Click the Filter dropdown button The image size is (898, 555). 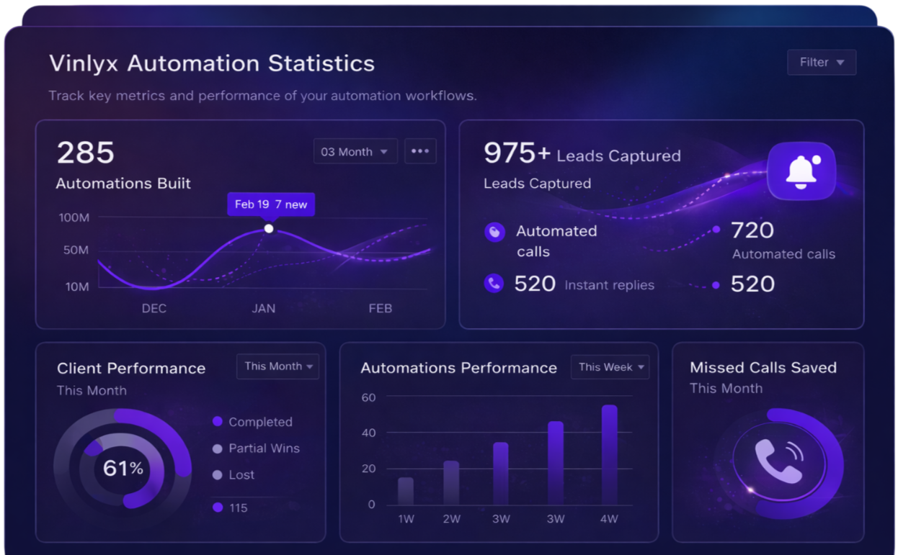(822, 63)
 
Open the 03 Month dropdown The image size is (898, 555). (355, 152)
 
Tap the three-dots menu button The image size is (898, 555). (420, 152)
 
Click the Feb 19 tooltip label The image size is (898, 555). (271, 204)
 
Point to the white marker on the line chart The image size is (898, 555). (269, 228)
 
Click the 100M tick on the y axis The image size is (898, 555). (74, 217)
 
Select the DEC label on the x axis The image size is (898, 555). (154, 308)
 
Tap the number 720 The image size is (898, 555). (752, 230)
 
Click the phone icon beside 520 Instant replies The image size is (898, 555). (494, 284)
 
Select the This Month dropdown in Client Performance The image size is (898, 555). (278, 366)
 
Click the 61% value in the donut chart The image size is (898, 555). (123, 469)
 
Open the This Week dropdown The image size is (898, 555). (610, 367)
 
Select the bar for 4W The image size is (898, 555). (610, 454)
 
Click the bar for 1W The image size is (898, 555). (406, 491)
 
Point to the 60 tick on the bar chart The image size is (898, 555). (368, 397)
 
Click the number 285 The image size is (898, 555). (86, 153)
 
